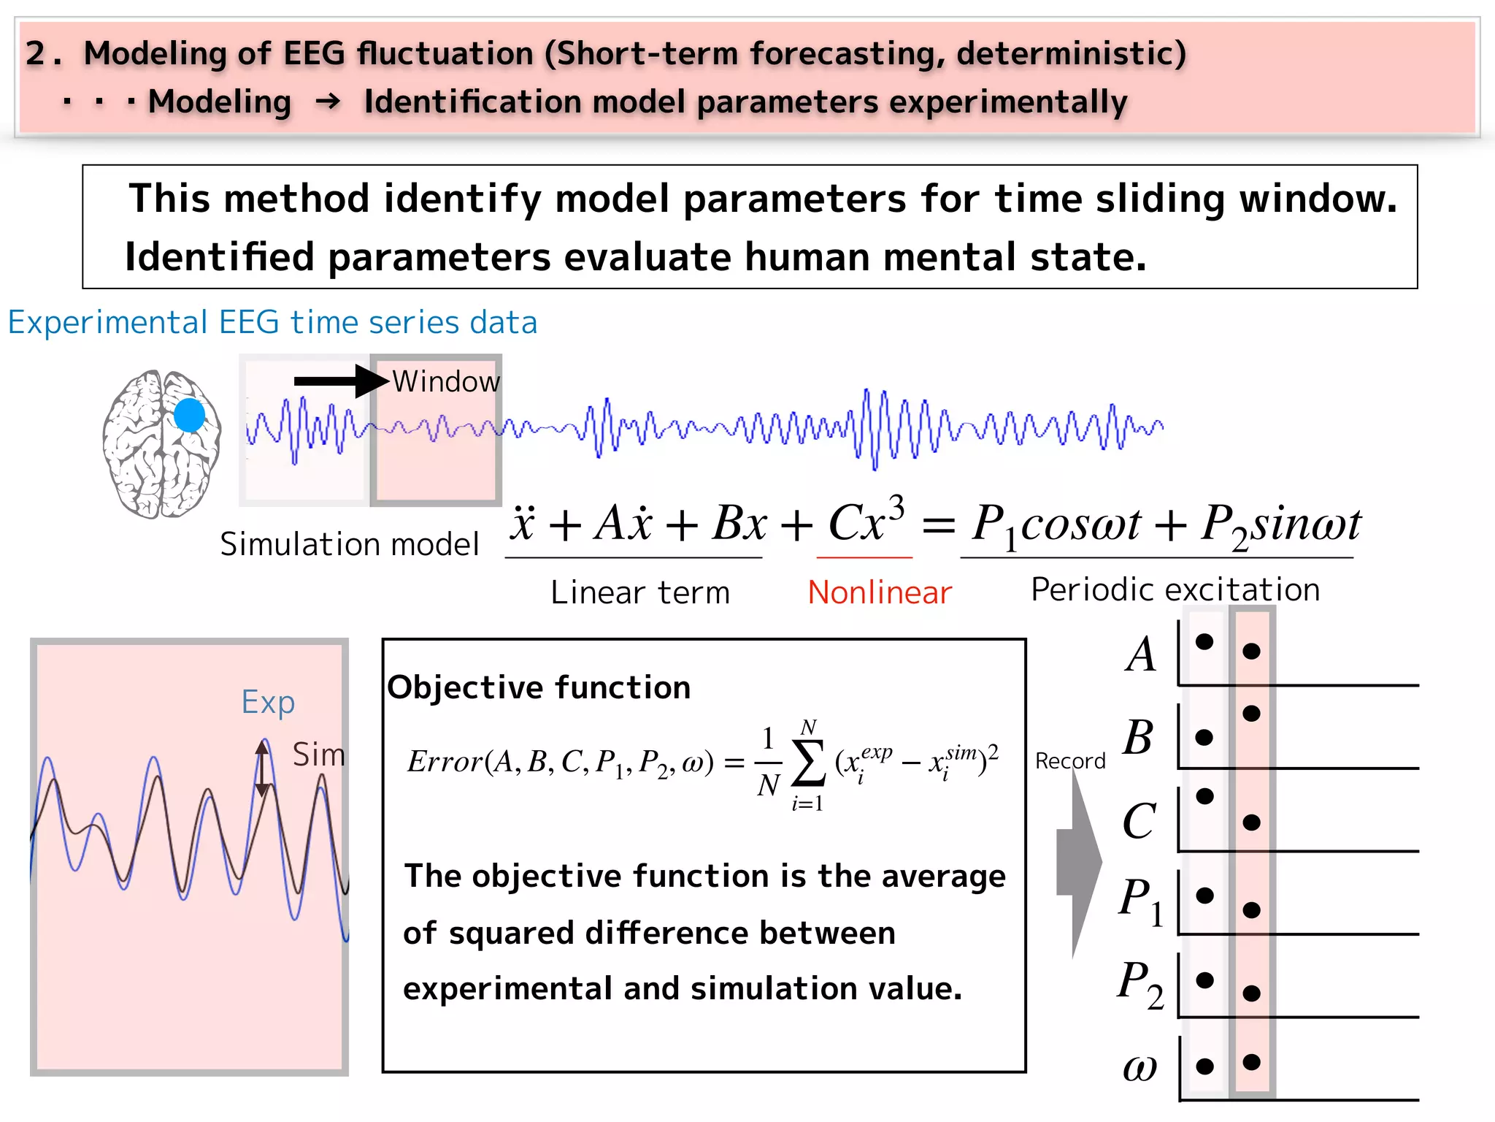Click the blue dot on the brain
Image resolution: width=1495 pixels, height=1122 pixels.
pos(190,416)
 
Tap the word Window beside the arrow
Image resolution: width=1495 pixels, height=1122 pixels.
pos(446,381)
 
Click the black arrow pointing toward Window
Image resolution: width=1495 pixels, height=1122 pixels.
pos(340,381)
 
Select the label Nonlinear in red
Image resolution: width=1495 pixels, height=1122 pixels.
pos(880,592)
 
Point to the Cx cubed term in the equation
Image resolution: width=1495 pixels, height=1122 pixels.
pos(866,522)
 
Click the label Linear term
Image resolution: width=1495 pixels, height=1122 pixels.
pos(640,592)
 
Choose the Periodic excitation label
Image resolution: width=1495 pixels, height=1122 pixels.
pos(1175,589)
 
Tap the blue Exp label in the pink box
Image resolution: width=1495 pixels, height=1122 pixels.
pos(268,702)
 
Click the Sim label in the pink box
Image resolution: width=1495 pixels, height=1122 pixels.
pos(318,755)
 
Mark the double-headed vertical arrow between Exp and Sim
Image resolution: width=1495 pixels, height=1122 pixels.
pos(262,768)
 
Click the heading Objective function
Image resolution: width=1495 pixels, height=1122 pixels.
pos(539,687)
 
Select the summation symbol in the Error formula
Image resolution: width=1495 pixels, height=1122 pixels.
pos(808,764)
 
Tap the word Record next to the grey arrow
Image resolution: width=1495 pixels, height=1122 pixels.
pos(1070,761)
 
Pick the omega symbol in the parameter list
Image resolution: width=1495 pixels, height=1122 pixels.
pos(1139,1067)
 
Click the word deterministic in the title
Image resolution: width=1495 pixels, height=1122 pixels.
pos(1071,53)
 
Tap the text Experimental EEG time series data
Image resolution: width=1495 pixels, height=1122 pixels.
pos(272,322)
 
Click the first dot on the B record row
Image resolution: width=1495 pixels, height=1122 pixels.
pos(1204,737)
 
